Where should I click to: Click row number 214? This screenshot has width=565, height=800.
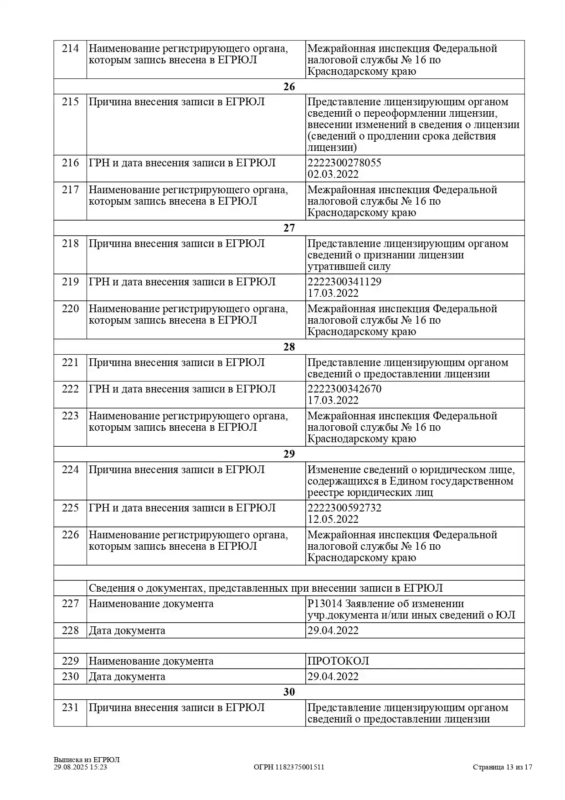point(70,48)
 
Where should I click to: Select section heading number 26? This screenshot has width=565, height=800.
point(289,87)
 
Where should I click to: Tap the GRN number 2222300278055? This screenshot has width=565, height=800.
point(344,163)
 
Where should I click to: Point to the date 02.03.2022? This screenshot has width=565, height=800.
point(333,174)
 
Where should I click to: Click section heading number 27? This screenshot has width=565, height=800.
point(289,228)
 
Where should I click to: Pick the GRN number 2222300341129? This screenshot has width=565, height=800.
point(344,282)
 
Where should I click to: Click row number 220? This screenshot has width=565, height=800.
point(70,309)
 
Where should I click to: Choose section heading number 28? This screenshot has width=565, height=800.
point(289,347)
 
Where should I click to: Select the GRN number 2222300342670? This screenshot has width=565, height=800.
point(344,389)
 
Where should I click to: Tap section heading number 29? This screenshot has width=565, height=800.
point(289,454)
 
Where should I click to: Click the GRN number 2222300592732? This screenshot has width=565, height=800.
point(344,508)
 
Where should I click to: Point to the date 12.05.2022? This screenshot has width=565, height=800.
point(333,519)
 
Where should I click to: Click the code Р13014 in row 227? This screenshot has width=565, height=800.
point(324,604)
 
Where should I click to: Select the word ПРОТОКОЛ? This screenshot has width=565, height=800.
point(338,661)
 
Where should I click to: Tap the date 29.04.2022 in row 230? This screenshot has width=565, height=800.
point(333,676)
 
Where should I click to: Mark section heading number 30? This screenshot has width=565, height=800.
point(289,692)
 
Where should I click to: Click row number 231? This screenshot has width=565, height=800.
point(70,707)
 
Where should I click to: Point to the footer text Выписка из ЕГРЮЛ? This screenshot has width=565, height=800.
point(87,759)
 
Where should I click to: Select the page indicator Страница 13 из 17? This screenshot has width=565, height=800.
point(502,767)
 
